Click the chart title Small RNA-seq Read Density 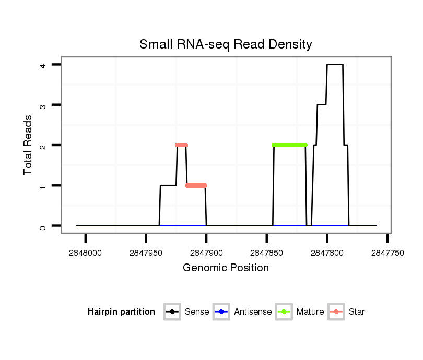226,44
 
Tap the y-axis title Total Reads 28,145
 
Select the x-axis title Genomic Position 226,268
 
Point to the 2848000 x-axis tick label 86,253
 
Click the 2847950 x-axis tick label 146,253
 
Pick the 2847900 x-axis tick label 206,253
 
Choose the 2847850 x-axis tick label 267,253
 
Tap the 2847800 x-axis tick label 327,253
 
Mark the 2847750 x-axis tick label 387,253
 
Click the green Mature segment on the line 289,145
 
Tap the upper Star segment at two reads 181,145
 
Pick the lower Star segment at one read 196,185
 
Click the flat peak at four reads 335,65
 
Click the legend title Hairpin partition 121,312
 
